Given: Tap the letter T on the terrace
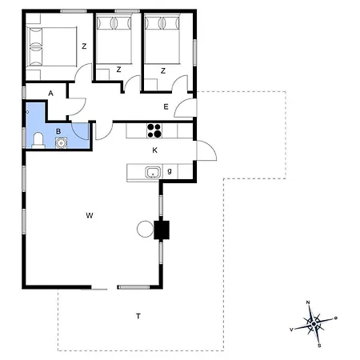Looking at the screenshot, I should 138,317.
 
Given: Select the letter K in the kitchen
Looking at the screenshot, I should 155,150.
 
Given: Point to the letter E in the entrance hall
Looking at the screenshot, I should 166,106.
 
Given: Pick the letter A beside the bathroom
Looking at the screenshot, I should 50,94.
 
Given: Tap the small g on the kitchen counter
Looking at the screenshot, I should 169,172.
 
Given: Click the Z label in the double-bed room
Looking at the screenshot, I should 83,46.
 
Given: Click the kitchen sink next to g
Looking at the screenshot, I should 151,172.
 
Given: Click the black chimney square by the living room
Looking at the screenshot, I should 162,230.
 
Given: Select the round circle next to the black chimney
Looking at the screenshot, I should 145,230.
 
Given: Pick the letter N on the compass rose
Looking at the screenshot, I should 309,302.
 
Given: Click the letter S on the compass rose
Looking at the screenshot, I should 319,345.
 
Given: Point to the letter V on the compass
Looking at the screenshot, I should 291,329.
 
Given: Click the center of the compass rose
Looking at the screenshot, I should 314,324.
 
